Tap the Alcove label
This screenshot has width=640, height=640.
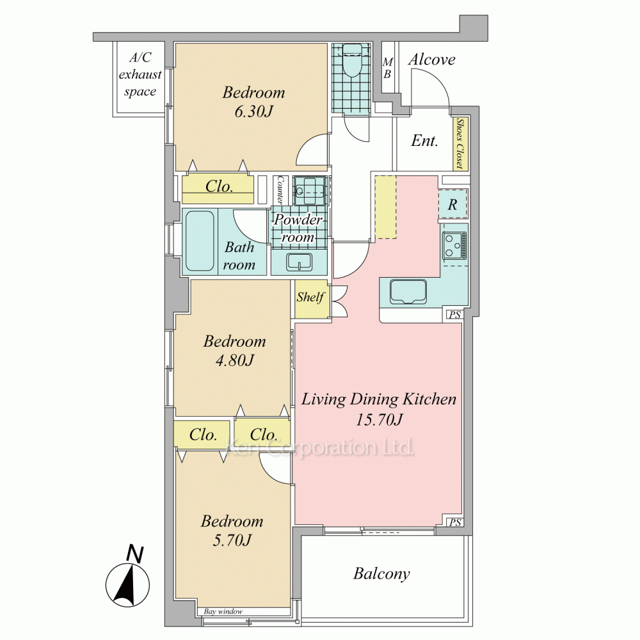click(x=432, y=60)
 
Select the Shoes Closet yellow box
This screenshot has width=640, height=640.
click(x=460, y=143)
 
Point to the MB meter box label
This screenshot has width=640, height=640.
click(x=387, y=68)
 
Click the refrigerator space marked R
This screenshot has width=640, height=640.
click(x=452, y=204)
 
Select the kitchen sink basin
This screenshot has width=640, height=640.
click(x=408, y=291)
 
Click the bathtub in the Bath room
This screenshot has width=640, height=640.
click(x=200, y=241)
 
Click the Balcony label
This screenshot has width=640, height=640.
click(x=381, y=573)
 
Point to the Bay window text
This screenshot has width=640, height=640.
click(x=223, y=611)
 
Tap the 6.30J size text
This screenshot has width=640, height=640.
click(x=253, y=111)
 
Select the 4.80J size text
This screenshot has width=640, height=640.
click(x=235, y=360)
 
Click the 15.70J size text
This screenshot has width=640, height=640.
click(x=379, y=419)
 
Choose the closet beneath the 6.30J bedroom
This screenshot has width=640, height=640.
click(x=218, y=189)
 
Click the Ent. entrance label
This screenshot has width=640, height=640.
click(x=424, y=141)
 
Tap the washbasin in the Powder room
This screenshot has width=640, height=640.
click(x=299, y=262)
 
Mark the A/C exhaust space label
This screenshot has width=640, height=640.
click(x=140, y=74)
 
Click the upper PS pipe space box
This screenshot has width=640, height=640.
click(x=454, y=314)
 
